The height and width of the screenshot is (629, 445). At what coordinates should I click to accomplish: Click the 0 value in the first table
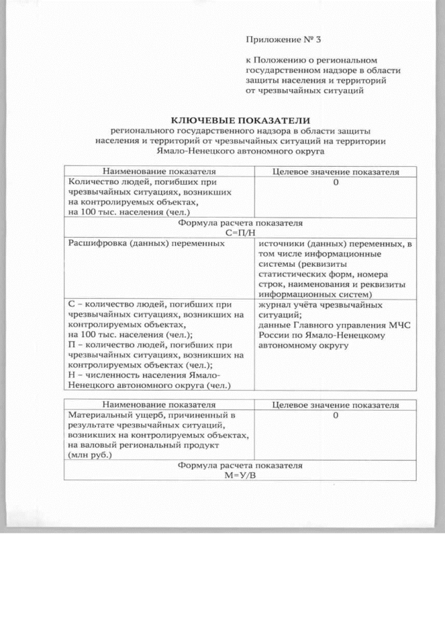(x=336, y=182)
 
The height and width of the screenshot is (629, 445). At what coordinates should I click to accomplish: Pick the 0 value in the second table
(x=336, y=415)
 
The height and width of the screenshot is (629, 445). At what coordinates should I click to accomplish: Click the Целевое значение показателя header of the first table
(x=336, y=171)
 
